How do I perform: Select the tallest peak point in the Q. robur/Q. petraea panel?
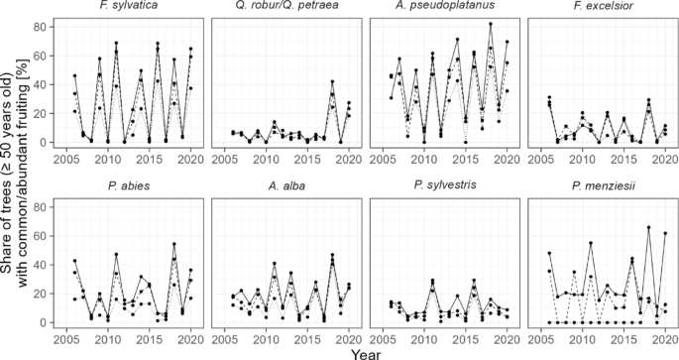click(332, 81)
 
